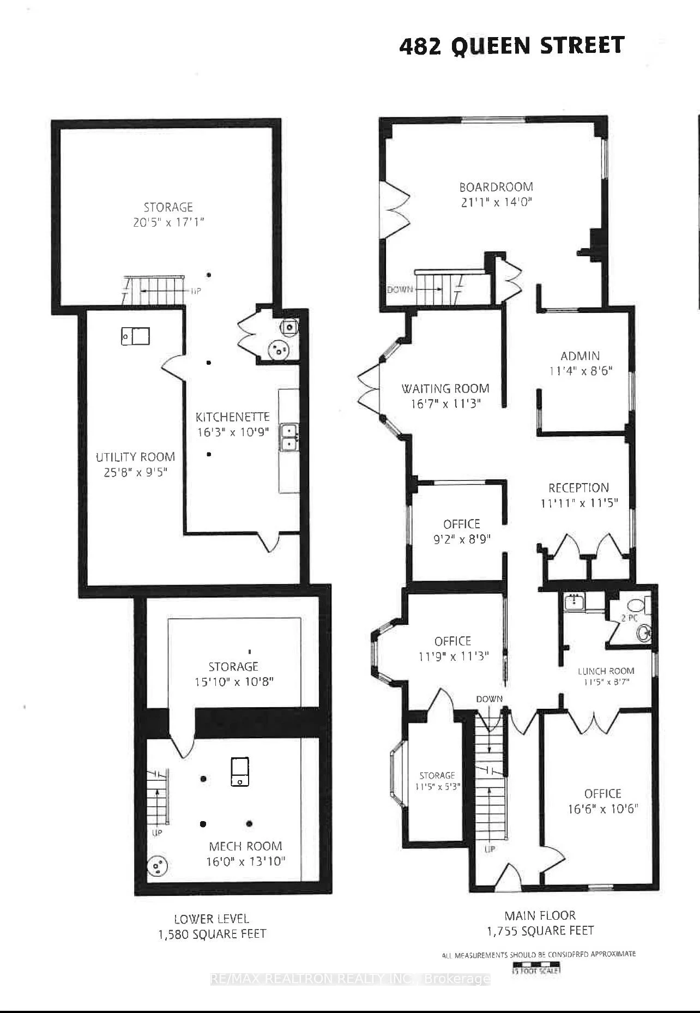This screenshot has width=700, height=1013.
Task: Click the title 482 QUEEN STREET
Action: click(x=511, y=46)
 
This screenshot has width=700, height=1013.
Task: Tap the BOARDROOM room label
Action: click(x=496, y=187)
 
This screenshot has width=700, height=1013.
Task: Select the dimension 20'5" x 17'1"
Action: click(x=168, y=222)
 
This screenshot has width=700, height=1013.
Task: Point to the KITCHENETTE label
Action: click(x=233, y=417)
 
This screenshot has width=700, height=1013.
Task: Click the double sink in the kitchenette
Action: click(x=288, y=437)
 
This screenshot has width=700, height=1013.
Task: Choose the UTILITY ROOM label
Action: click(x=135, y=457)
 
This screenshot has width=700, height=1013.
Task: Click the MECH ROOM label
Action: click(x=245, y=846)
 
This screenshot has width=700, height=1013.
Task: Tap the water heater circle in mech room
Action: click(x=158, y=866)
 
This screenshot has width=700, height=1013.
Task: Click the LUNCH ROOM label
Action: click(x=606, y=671)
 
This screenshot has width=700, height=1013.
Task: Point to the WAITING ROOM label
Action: click(x=445, y=389)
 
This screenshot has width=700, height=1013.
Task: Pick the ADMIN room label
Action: click(x=580, y=356)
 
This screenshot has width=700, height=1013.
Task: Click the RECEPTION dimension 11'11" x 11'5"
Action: click(x=579, y=503)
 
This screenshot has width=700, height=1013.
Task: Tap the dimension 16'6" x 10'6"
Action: click(x=602, y=809)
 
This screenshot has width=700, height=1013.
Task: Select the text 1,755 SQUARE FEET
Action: click(x=540, y=931)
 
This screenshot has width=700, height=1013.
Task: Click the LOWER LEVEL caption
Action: click(x=212, y=919)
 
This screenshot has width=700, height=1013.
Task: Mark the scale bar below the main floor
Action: click(x=536, y=969)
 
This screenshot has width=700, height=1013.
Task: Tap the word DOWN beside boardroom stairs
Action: click(x=400, y=289)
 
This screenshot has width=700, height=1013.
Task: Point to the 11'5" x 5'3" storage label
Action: click(x=437, y=787)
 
